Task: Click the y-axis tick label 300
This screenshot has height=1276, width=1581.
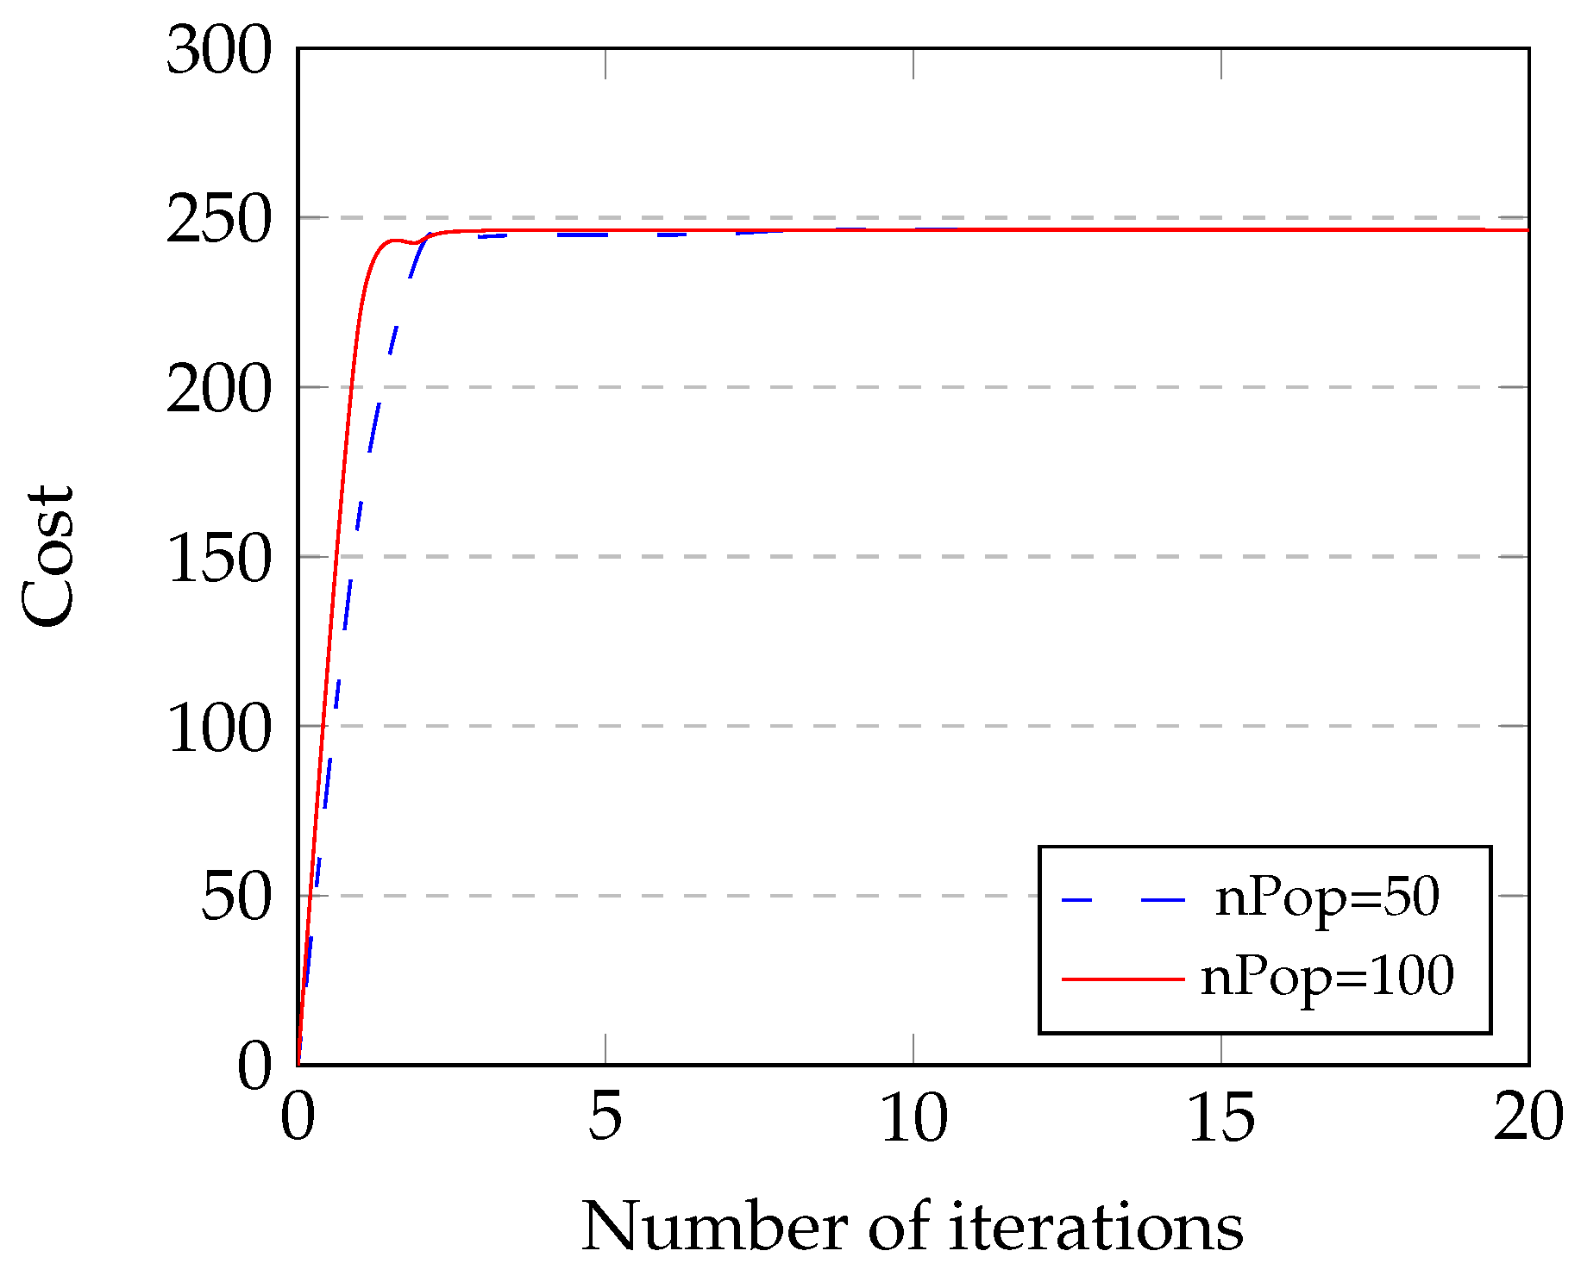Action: (218, 52)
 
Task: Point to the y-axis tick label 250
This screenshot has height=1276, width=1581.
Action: (218, 222)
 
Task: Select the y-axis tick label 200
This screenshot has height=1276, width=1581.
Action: (218, 391)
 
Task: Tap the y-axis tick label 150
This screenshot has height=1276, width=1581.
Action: (218, 560)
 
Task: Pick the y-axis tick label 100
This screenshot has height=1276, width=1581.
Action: (218, 729)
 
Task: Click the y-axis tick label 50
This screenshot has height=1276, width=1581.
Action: (235, 898)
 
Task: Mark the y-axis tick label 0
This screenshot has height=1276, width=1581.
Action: (254, 1067)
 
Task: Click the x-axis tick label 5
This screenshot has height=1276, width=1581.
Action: (605, 1118)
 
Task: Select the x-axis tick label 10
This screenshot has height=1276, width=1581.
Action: (913, 1118)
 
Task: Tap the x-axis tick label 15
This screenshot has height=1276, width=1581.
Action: (1221, 1118)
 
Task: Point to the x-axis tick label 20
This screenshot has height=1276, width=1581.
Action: (1528, 1118)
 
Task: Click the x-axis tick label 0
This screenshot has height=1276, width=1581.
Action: (298, 1118)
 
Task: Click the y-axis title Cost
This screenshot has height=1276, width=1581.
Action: (47, 556)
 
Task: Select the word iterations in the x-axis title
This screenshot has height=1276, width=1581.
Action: (1096, 1226)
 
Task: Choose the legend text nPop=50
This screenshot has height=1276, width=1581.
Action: (1327, 899)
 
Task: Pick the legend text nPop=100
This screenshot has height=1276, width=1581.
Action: (1327, 978)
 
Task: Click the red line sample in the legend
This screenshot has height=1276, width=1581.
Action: (1122, 979)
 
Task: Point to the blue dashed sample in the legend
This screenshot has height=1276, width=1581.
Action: (1122, 900)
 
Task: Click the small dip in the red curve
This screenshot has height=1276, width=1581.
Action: (415, 242)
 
